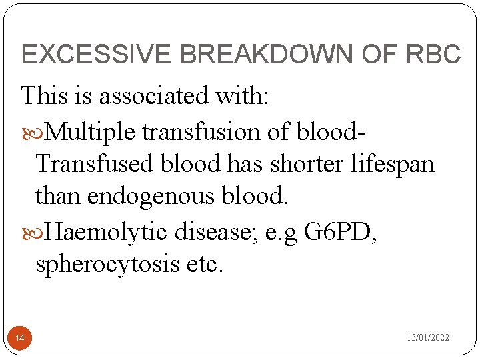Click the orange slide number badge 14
pos(20,339)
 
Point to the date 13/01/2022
pos(428,338)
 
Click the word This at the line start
pos(44,96)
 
